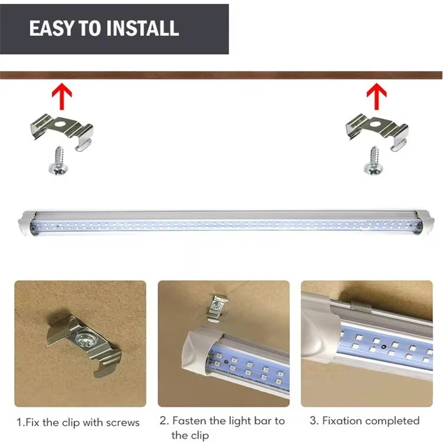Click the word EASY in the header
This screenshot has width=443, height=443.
[x=50, y=28]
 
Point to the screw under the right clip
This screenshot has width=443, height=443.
[x=373, y=161]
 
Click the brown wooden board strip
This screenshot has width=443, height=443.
[x=221, y=75]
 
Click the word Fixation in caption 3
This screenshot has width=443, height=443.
[x=341, y=421]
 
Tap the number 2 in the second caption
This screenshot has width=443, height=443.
[x=163, y=421]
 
